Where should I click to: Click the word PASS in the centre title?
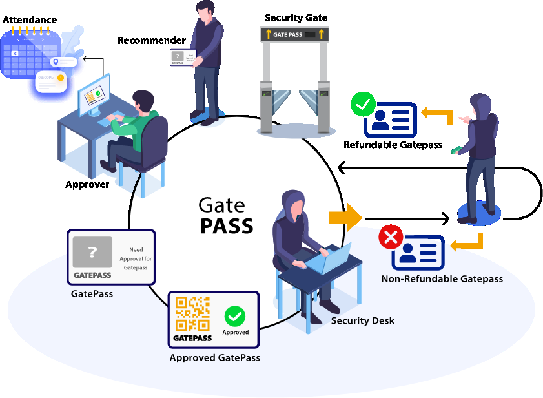[226, 225]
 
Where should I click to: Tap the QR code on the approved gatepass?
[192, 315]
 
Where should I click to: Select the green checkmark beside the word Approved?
[235, 317]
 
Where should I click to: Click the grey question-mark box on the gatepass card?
[92, 253]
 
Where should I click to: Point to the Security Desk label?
[362, 320]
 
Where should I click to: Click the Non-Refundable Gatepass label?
[442, 279]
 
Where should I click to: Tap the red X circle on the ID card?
[390, 237]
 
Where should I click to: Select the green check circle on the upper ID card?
[363, 104]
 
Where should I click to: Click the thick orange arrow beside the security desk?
[345, 218]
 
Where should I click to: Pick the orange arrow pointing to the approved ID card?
[436, 114]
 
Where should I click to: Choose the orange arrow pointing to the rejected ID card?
[467, 243]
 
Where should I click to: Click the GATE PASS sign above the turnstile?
[294, 34]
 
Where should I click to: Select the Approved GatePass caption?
[214, 357]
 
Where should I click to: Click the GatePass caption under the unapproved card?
[92, 293]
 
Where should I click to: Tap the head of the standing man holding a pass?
[205, 11]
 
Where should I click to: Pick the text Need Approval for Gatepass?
[136, 258]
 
